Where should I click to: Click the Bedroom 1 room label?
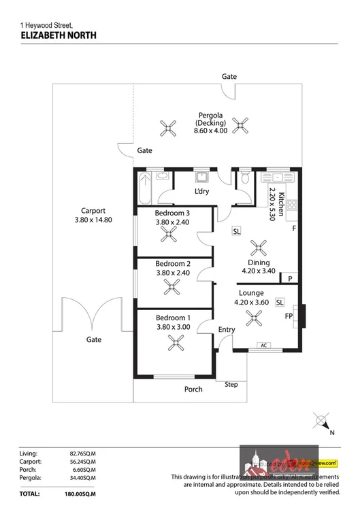[172, 318]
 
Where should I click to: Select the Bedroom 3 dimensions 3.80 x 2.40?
[172, 222]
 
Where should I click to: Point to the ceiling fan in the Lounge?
[255, 316]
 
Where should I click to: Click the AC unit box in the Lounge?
[263, 346]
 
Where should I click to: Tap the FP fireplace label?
[289, 316]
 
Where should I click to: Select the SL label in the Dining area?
[236, 231]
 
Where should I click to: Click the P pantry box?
[290, 278]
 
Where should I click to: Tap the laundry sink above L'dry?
[201, 177]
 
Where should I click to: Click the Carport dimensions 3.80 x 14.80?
[92, 220]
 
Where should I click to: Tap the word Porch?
[193, 390]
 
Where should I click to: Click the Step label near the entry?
[231, 385]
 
